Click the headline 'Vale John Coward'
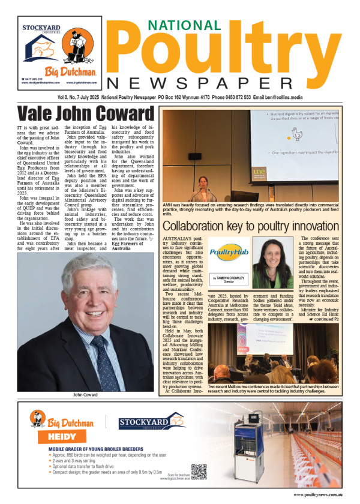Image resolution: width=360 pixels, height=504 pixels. [x=85, y=113]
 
